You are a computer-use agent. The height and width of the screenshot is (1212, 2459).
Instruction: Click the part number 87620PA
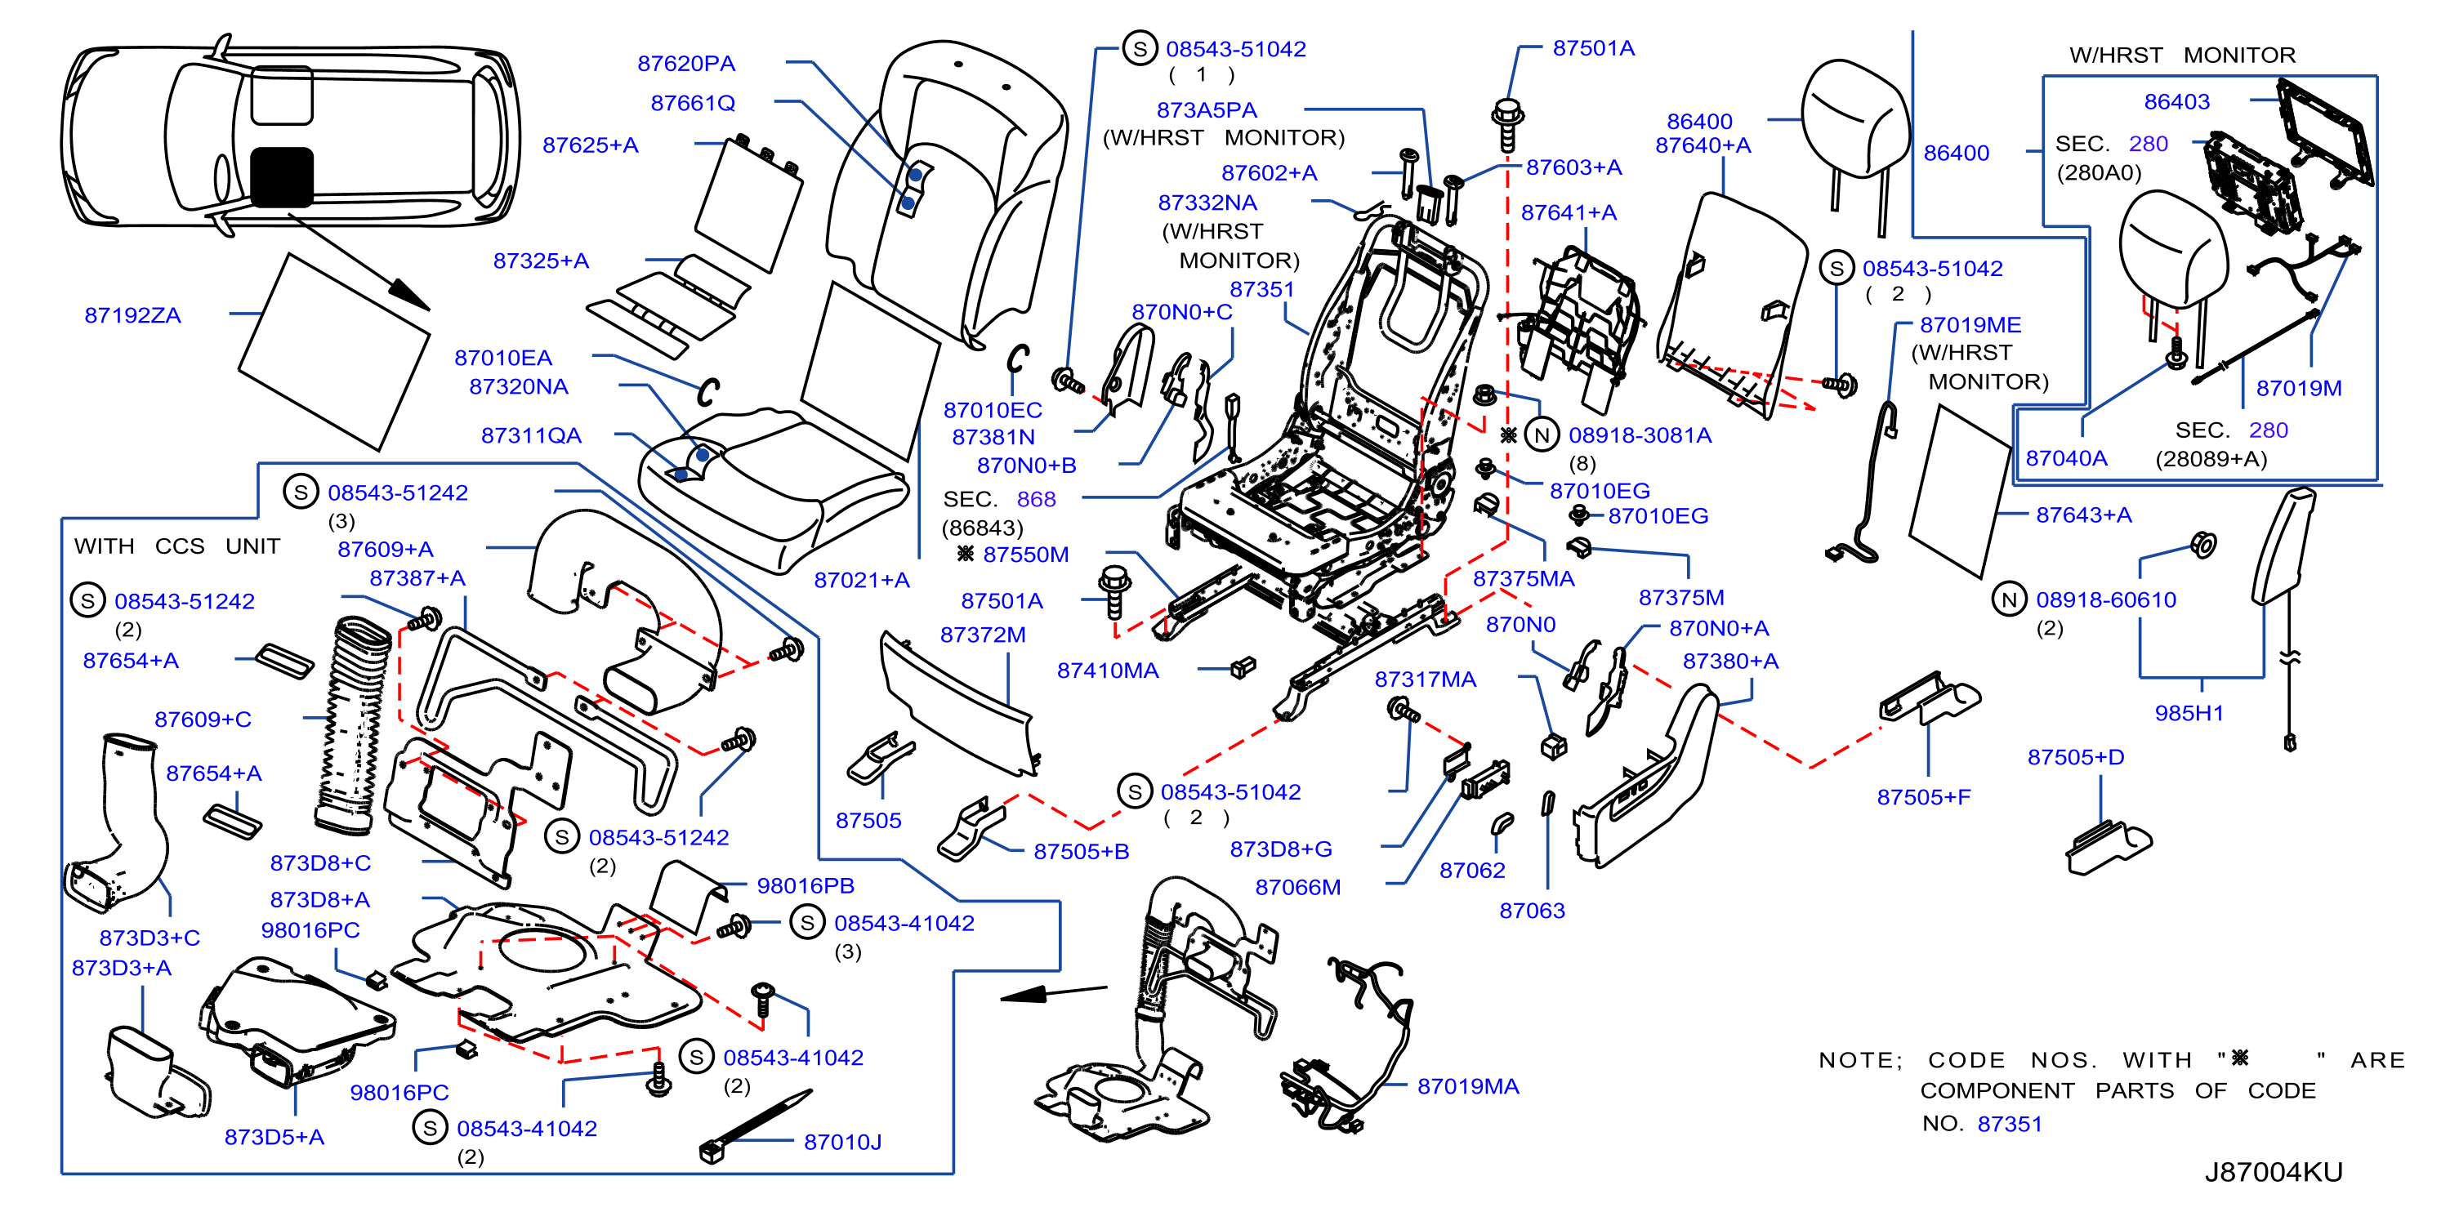[x=686, y=64]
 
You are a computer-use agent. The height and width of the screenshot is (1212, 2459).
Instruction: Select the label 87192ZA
[x=132, y=316]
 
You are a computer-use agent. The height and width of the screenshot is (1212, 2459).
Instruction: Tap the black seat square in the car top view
[x=282, y=177]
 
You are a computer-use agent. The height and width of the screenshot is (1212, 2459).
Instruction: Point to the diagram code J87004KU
[x=2274, y=1173]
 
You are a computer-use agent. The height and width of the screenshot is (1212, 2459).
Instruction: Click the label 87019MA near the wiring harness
[x=1468, y=1087]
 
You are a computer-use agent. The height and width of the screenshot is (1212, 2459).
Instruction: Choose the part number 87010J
[x=843, y=1143]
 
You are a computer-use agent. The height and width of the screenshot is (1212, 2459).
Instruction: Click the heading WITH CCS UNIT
[x=177, y=547]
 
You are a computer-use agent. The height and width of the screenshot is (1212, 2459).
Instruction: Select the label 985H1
[x=2189, y=714]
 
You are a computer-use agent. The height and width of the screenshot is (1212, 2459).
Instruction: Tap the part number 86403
[x=2176, y=102]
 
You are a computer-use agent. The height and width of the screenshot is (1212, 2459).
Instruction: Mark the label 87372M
[x=984, y=635]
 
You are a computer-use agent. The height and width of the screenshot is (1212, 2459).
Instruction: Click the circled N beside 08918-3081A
[x=1542, y=435]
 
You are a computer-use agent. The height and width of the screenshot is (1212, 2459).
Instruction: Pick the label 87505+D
[x=2076, y=758]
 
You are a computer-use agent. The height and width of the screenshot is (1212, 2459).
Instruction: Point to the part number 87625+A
[x=591, y=146]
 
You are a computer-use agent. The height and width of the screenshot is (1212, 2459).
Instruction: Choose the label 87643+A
[x=2084, y=515]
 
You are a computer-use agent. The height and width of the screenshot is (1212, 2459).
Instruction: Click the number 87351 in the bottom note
[x=2010, y=1124]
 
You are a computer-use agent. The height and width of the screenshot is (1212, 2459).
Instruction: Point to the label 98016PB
[x=806, y=887]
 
